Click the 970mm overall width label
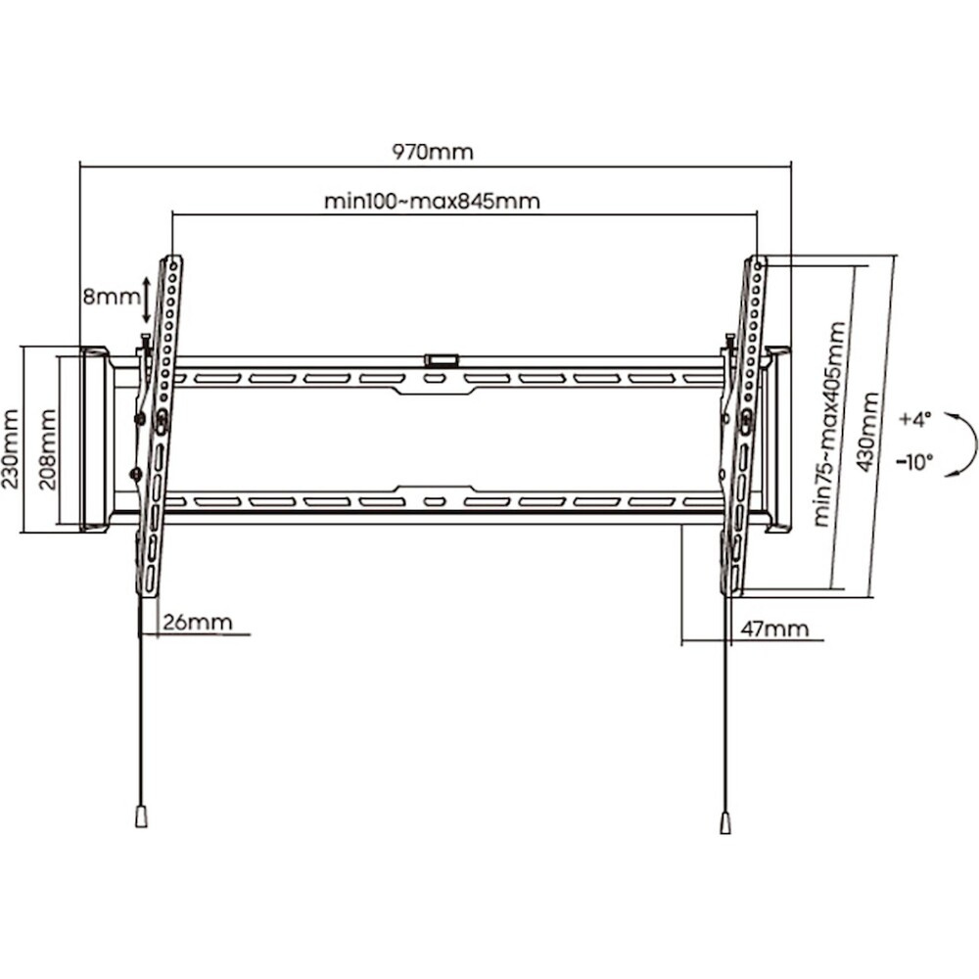click(x=433, y=152)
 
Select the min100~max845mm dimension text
click(x=432, y=201)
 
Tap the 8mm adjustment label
click(x=112, y=297)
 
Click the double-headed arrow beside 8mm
click(x=146, y=301)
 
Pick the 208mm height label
click(x=47, y=441)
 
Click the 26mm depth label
click(x=198, y=622)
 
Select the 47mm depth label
click(x=774, y=629)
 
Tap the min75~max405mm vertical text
click(x=830, y=424)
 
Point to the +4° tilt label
click(x=914, y=419)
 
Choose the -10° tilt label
click(x=914, y=462)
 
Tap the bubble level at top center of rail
click(x=442, y=359)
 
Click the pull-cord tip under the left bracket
click(x=142, y=816)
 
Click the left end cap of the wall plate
click(x=95, y=440)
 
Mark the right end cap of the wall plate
click(x=777, y=440)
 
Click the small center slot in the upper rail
click(x=434, y=378)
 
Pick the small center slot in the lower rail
click(x=434, y=501)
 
